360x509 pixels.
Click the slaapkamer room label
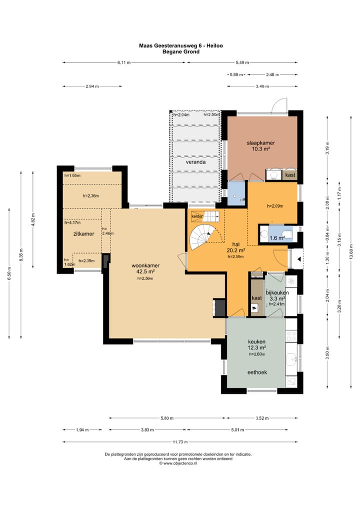point(260,143)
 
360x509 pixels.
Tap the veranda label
point(195,162)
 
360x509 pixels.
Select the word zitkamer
point(83,233)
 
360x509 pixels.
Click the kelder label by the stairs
point(197,216)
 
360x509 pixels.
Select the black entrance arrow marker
point(298,259)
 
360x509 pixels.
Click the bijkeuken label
point(277,292)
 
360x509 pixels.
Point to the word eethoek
point(257,372)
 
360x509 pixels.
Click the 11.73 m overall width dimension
point(180,442)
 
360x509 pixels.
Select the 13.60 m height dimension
point(351,251)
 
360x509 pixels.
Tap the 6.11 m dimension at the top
point(124,62)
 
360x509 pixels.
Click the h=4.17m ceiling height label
point(72,222)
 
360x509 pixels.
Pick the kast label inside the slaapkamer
point(290,175)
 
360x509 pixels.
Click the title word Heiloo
point(214,46)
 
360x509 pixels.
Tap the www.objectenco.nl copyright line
point(178,463)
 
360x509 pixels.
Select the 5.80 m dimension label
point(167,418)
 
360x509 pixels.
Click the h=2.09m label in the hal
point(275,206)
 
